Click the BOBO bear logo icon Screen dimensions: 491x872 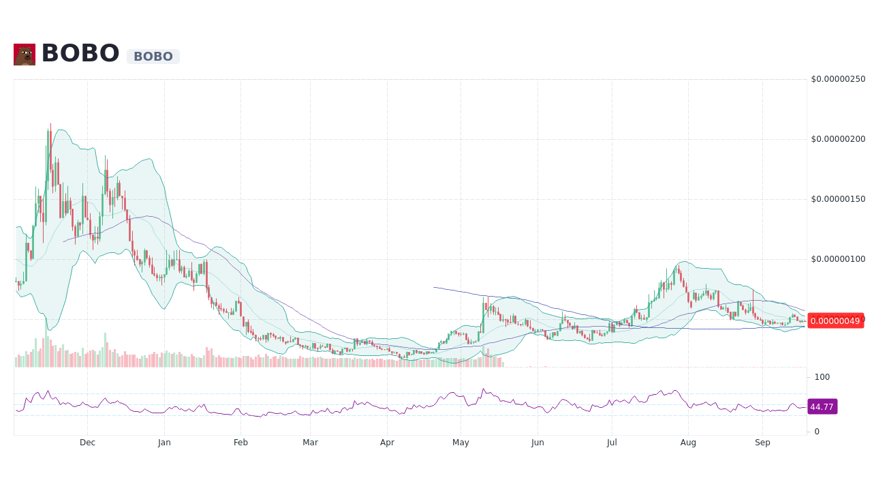pos(25,55)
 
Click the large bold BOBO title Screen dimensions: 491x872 pos(80,54)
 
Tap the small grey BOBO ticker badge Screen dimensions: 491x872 pos(153,57)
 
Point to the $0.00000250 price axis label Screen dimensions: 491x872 pos(838,79)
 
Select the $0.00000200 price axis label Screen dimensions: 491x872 pos(838,139)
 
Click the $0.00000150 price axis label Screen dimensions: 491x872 pos(838,199)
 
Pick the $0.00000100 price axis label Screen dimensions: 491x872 pos(838,259)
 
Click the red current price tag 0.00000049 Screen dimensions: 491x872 pos(835,321)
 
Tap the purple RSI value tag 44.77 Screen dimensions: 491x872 pos(822,407)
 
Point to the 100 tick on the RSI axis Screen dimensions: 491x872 pos(822,377)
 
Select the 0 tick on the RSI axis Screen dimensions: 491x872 pos(817,432)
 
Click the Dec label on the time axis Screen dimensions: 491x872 pos(87,443)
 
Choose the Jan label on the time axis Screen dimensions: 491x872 pos(164,443)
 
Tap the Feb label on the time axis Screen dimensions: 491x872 pos(240,443)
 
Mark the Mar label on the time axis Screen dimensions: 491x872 pos(310,443)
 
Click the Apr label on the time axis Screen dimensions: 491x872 pos(387,443)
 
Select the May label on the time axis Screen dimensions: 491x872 pos(461,443)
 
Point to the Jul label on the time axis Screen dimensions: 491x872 pos(612,443)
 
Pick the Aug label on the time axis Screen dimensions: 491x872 pos(688,443)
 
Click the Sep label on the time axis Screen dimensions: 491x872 pos(762,443)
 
